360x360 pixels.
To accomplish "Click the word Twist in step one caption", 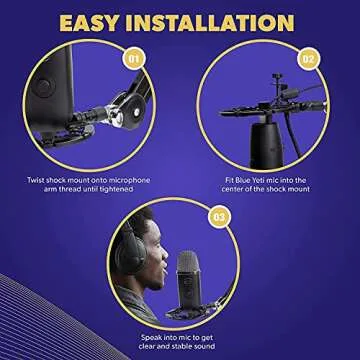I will pyautogui.click(x=38, y=180).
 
